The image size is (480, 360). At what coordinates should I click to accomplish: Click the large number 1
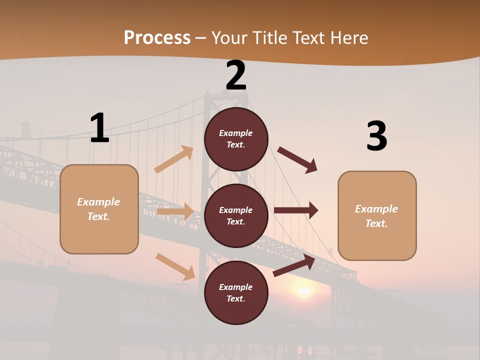(x=99, y=128)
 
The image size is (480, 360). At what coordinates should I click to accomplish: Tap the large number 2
(x=236, y=75)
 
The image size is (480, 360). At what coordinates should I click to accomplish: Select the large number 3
(x=376, y=136)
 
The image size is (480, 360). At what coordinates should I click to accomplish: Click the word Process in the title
(x=157, y=37)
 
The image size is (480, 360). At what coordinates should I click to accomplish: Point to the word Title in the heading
(x=269, y=37)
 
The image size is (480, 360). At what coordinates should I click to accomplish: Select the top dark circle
(x=236, y=139)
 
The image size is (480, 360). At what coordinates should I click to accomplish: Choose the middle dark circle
(x=236, y=215)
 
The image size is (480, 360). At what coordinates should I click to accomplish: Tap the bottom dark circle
(x=236, y=292)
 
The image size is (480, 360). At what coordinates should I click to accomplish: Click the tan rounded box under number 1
(x=99, y=209)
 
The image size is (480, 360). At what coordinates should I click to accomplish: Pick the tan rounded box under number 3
(x=377, y=215)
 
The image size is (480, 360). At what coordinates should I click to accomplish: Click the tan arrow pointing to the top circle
(x=174, y=159)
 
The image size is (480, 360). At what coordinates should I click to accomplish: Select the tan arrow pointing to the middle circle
(x=175, y=211)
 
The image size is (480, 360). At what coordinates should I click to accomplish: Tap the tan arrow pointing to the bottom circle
(x=175, y=266)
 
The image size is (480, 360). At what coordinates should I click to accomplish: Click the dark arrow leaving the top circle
(x=297, y=159)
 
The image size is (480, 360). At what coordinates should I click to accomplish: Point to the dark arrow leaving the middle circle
(x=296, y=210)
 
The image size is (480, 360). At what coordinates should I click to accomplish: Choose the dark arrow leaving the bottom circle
(x=294, y=265)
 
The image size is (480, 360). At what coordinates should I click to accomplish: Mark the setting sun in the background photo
(x=303, y=291)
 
